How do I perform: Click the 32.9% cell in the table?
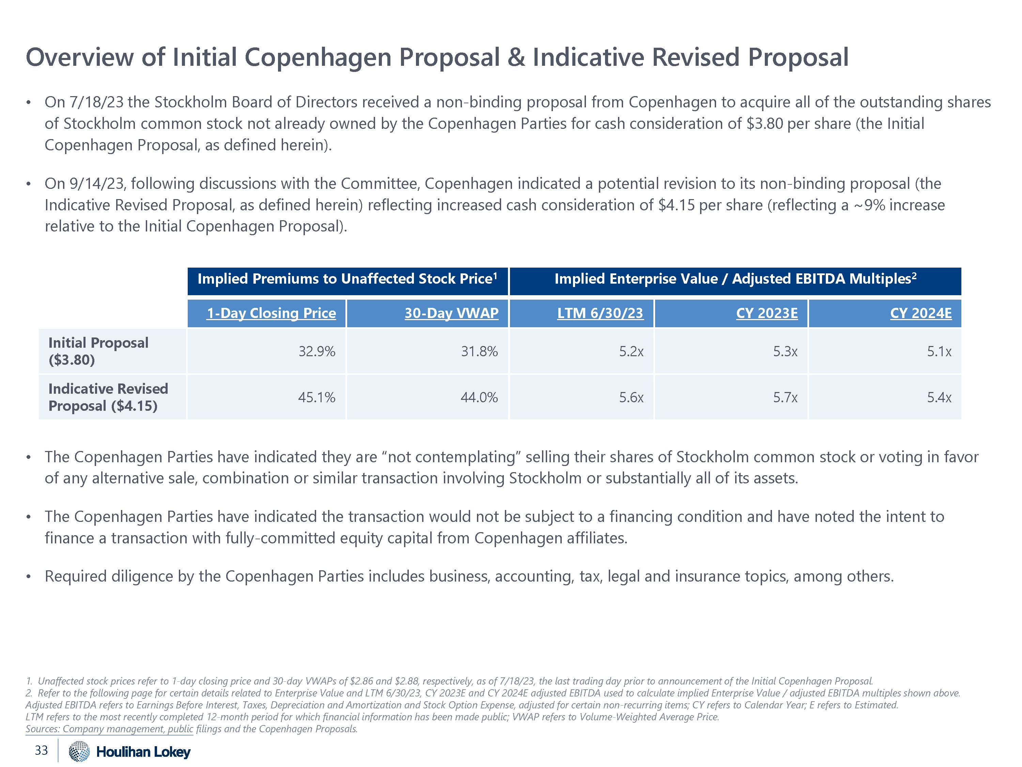click(x=316, y=351)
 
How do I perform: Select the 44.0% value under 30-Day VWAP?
click(x=479, y=397)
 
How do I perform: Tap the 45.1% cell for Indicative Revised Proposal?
click(x=316, y=397)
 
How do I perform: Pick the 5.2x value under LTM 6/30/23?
click(x=631, y=351)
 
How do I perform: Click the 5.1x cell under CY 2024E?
click(x=939, y=351)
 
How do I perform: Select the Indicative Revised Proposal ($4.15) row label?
click(x=108, y=397)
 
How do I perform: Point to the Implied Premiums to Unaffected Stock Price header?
click(x=347, y=279)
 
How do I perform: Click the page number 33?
click(x=41, y=750)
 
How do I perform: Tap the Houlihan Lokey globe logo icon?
click(x=79, y=751)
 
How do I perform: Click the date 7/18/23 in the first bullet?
click(x=96, y=102)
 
